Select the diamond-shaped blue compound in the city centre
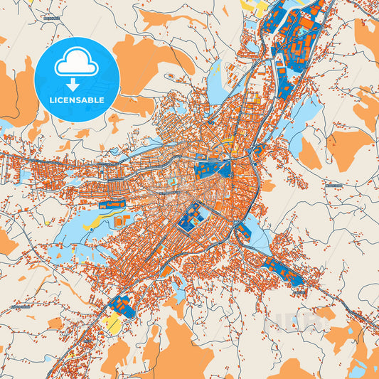pos(190,218)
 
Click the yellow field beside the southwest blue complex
pos(112,324)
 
